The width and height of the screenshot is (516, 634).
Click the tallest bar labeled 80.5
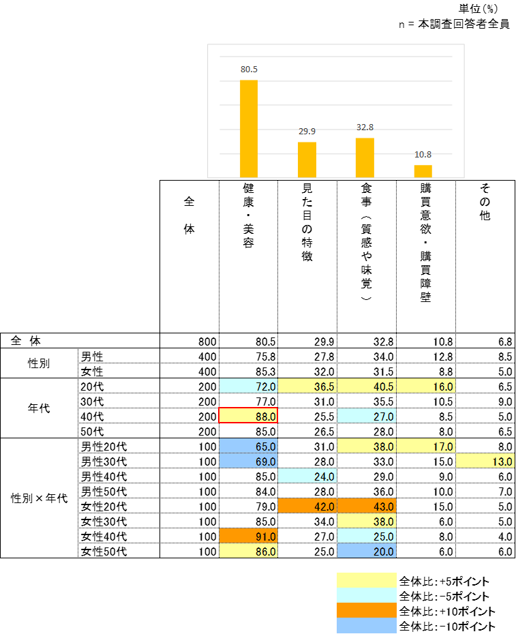pyautogui.click(x=249, y=128)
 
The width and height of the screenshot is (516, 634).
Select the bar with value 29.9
pyautogui.click(x=307, y=160)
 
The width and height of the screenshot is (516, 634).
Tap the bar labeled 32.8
pyautogui.click(x=365, y=157)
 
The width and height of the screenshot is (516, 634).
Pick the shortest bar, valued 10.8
pyautogui.click(x=423, y=171)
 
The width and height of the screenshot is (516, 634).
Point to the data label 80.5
pyautogui.click(x=249, y=70)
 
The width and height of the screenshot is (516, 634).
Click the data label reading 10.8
pyautogui.click(x=423, y=154)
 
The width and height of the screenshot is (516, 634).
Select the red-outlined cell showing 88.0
pyautogui.click(x=248, y=416)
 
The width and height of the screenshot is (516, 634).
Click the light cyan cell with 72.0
pyautogui.click(x=248, y=387)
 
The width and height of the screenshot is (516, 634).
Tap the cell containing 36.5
pyautogui.click(x=307, y=387)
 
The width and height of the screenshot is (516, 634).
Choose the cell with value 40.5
pyautogui.click(x=367, y=387)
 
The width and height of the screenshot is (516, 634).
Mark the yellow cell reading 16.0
pyautogui.click(x=426, y=387)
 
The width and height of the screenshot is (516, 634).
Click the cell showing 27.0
pyautogui.click(x=367, y=416)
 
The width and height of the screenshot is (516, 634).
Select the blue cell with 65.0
pyautogui.click(x=248, y=447)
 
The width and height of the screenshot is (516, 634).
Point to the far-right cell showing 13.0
pyautogui.click(x=485, y=462)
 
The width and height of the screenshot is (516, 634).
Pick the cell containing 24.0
pyautogui.click(x=307, y=477)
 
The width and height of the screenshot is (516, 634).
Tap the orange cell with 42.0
pyautogui.click(x=307, y=507)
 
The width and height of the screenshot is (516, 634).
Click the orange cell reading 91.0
pyautogui.click(x=248, y=537)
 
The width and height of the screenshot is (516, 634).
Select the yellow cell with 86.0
pyautogui.click(x=248, y=552)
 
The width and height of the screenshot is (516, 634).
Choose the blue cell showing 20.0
pyautogui.click(x=367, y=552)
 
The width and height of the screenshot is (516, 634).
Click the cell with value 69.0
pyautogui.click(x=248, y=462)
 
